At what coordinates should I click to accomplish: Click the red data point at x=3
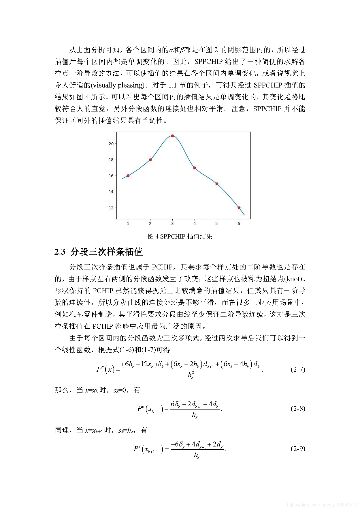pos(172,136)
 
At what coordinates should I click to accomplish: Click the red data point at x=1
pos(128,176)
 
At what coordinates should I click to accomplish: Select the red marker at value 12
pos(239,208)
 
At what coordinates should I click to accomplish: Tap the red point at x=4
pos(195,168)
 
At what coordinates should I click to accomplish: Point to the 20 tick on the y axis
pos(111,144)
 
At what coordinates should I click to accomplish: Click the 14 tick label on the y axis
pos(111,192)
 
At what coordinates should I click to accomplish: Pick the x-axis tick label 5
pos(217,224)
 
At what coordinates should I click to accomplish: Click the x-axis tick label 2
pos(150,224)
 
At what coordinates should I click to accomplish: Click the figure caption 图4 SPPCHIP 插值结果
pos(180,237)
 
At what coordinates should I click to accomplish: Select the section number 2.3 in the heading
pos(60,252)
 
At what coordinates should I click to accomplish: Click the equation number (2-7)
pos(297,369)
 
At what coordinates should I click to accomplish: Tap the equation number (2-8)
pos(297,409)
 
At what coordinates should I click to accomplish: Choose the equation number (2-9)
pos(297,449)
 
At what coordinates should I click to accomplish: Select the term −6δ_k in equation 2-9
pos(178,444)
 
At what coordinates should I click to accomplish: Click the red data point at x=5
pos(217,184)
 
